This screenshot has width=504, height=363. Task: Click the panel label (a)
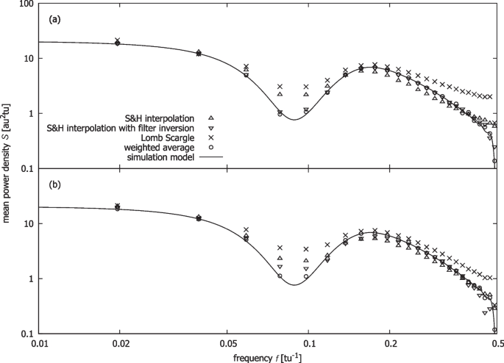click(x=54, y=20)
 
